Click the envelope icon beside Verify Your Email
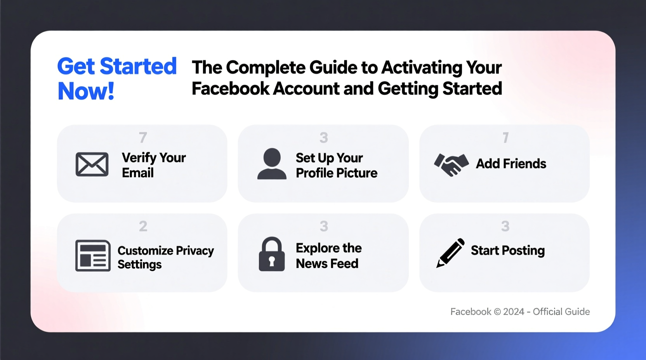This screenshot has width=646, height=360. click(x=92, y=164)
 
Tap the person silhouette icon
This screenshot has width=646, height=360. click(x=272, y=164)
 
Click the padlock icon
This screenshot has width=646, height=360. click(x=272, y=254)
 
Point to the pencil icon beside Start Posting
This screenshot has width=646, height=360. click(x=450, y=253)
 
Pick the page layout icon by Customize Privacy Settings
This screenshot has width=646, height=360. click(x=93, y=256)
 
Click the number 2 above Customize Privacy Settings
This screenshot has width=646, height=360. click(x=143, y=226)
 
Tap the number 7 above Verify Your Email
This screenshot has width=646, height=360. click(x=143, y=137)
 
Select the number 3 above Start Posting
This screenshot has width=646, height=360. click(x=505, y=226)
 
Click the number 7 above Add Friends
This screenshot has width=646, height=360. click(x=505, y=137)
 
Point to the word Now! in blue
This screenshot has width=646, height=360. click(x=86, y=92)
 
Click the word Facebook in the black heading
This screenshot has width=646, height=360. click(x=231, y=89)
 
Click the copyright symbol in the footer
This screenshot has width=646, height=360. click(x=497, y=312)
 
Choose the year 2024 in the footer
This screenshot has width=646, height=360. click(x=514, y=312)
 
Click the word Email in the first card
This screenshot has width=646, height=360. click(x=138, y=173)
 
